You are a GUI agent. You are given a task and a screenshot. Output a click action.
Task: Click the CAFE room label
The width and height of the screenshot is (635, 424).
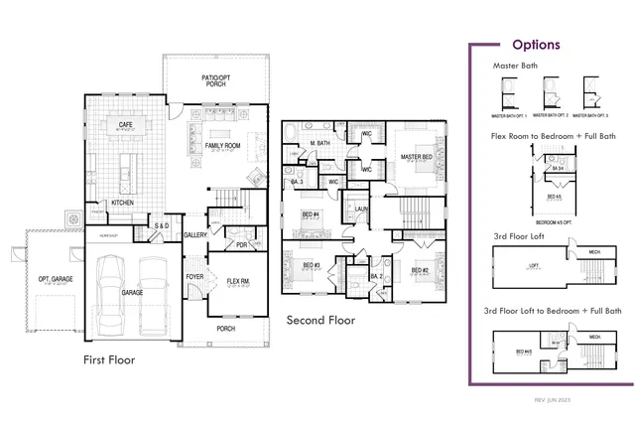(126, 125)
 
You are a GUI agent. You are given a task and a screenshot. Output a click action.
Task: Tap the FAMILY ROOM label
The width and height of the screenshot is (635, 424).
(218, 146)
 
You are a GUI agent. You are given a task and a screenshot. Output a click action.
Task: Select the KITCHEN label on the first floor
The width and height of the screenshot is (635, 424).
(122, 203)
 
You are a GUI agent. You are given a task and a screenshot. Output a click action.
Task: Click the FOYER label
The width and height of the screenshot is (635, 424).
(194, 278)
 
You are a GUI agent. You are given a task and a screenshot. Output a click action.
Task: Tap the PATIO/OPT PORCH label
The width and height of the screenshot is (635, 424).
(215, 78)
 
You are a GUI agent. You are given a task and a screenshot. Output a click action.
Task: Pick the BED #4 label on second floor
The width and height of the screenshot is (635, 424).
(310, 213)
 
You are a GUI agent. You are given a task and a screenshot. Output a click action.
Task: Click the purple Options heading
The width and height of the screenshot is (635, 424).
(536, 45)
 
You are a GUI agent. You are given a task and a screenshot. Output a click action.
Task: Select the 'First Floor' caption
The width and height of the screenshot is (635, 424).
(109, 359)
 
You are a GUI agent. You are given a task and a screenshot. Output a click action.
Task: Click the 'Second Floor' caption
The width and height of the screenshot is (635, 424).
(321, 321)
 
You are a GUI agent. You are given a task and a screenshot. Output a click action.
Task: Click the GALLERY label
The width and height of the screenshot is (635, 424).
(194, 235)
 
